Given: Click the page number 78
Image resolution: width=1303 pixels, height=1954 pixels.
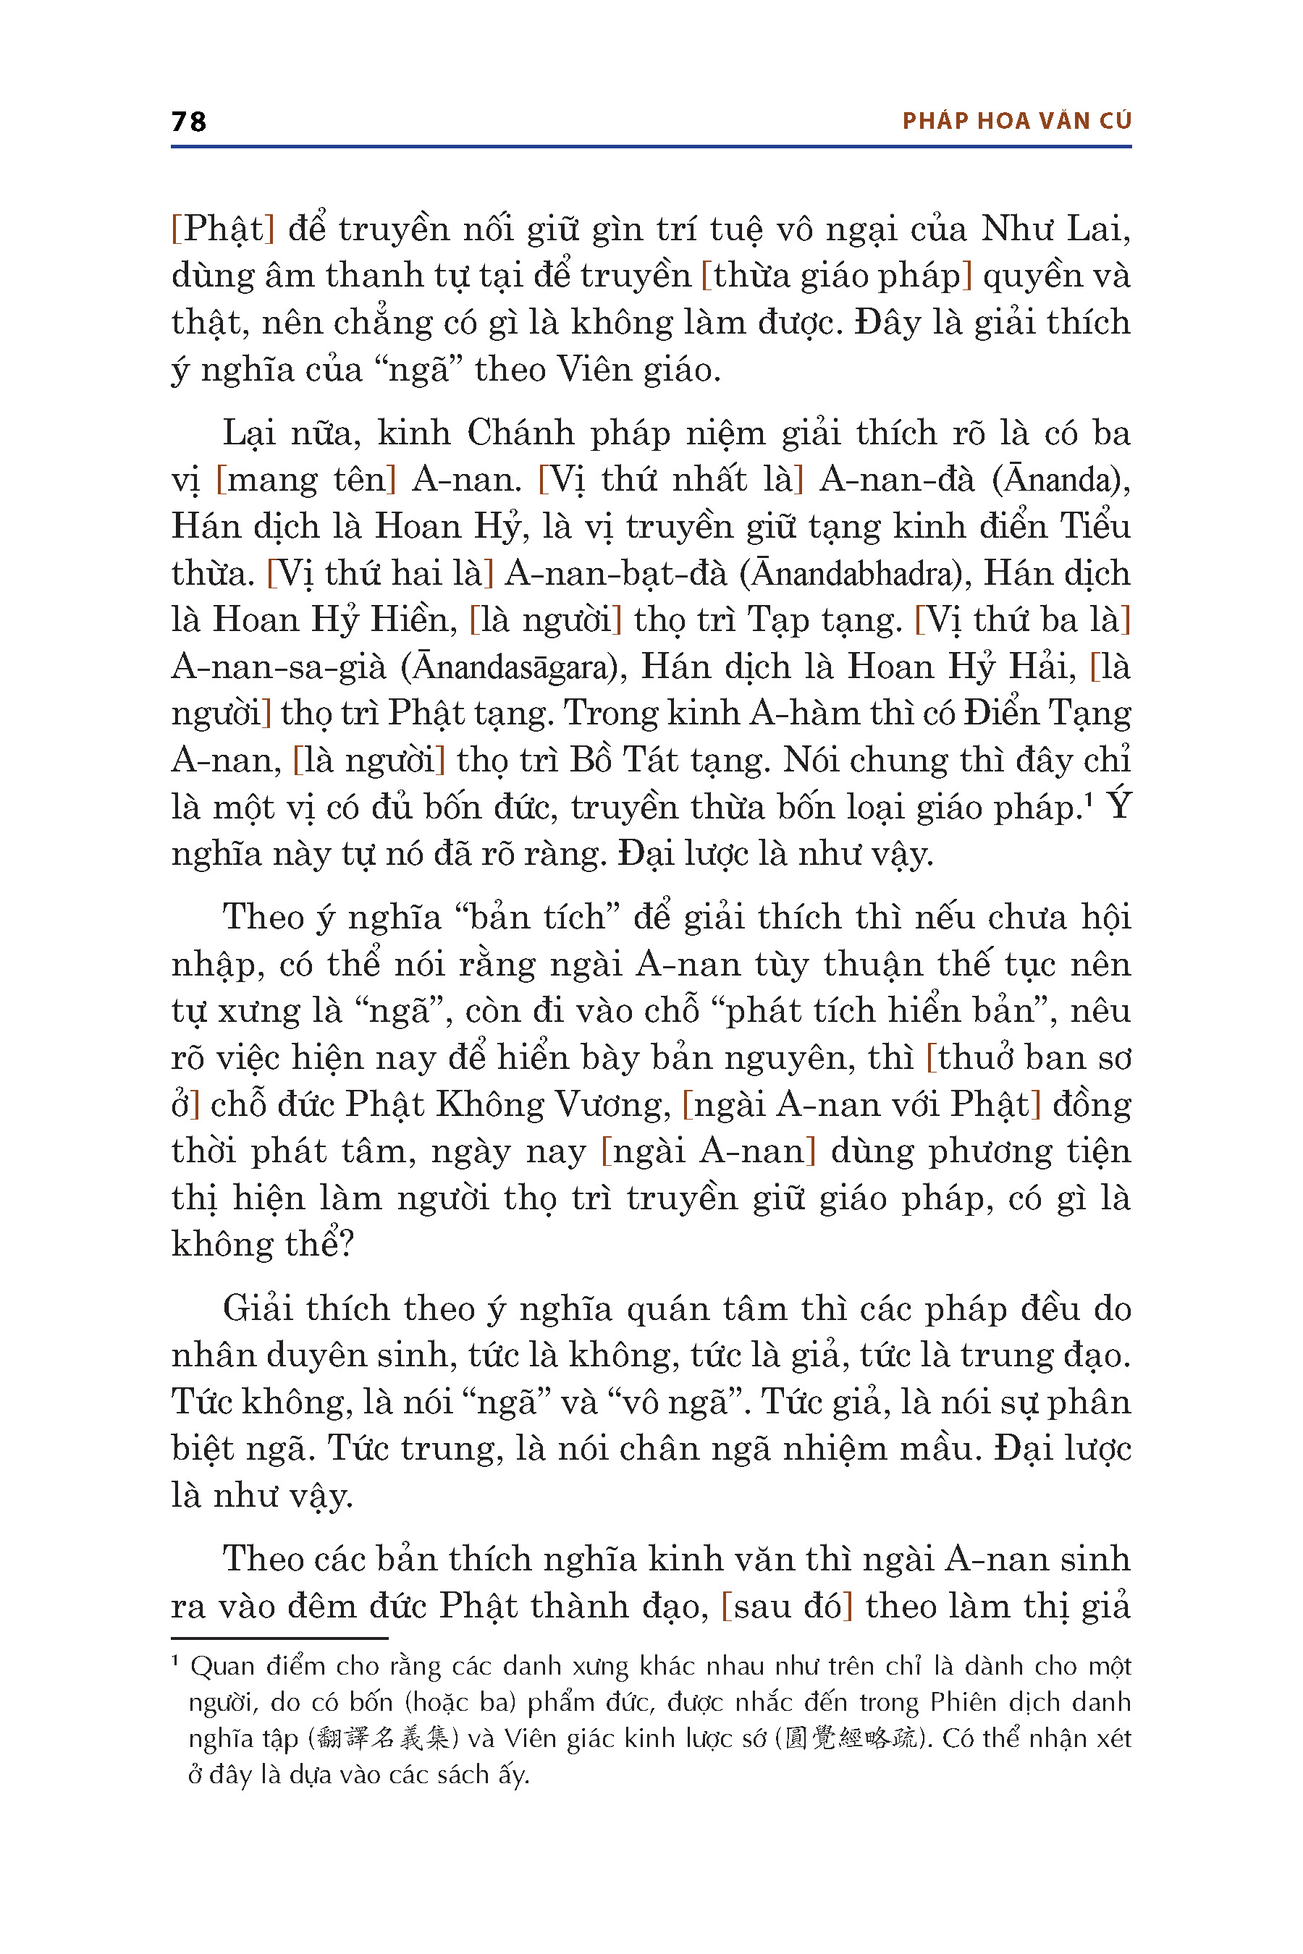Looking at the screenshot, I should pos(189,122).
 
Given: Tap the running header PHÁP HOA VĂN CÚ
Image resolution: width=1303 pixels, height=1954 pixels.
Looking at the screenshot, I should pos(1016,122).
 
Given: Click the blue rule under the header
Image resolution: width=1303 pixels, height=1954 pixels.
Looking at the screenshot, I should pos(651,147).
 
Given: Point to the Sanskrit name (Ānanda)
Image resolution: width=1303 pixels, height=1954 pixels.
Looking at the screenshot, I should pos(1060,481).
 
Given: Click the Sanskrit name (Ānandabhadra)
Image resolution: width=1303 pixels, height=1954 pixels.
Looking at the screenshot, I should pos(854,574).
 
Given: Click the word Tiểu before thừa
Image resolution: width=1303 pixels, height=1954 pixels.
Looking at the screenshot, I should pos(1095,527).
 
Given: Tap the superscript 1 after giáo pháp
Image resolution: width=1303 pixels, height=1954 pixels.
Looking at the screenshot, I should pos(1088,799).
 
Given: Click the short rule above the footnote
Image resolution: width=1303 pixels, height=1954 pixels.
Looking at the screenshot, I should pos(279,1638).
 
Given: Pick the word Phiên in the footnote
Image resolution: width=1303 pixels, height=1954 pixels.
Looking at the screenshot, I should pos(962,1702).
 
